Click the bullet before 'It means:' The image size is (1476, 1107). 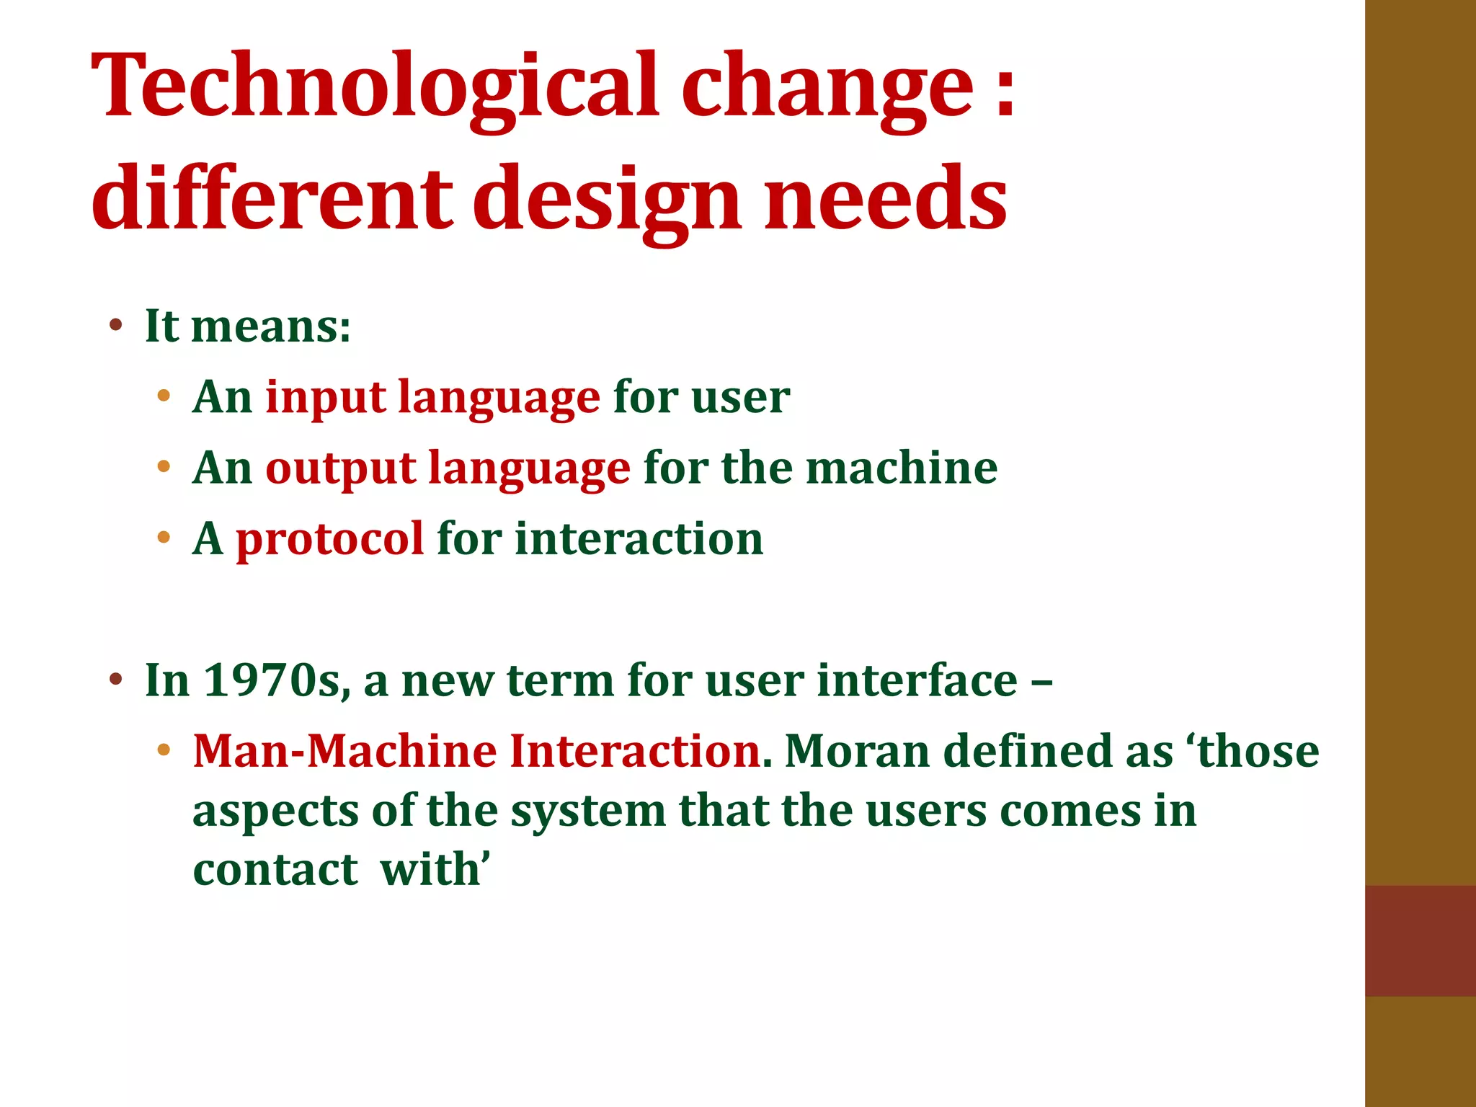tap(115, 325)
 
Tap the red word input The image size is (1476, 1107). tap(325, 397)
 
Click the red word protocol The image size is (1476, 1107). tap(329, 539)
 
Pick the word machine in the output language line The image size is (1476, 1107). tap(901, 468)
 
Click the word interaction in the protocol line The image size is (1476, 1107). tap(639, 538)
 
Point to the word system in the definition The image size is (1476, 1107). tap(588, 812)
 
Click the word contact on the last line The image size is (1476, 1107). tap(275, 869)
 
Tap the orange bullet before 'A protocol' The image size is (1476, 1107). tap(164, 538)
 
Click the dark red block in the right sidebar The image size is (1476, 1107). tap(1420, 941)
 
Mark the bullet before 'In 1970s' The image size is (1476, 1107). tap(115, 679)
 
